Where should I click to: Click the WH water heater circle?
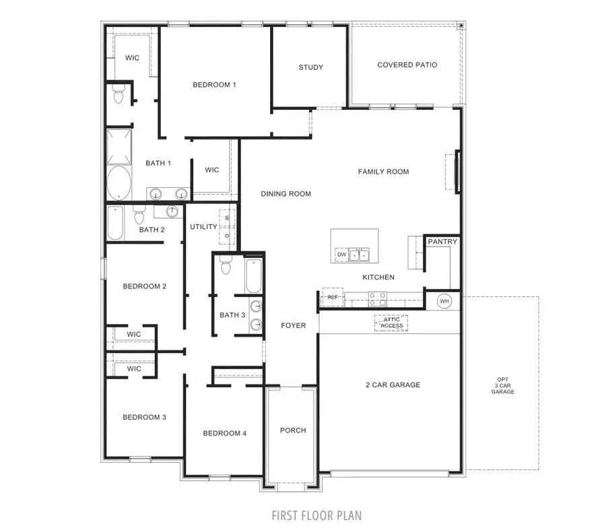pos(444,301)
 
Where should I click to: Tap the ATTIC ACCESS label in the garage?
pos(391,323)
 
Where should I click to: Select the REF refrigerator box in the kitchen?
pos(332,296)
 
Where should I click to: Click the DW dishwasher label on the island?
pos(342,255)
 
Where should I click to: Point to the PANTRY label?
pos(442,242)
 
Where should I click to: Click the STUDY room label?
pos(310,67)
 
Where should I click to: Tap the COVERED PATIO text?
pos(407,65)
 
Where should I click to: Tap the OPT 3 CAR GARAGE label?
pos(502,386)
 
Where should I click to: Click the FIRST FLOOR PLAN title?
pos(316,516)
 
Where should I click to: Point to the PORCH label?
pos(293,430)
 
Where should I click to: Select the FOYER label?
pos(293,325)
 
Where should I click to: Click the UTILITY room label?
pos(203,227)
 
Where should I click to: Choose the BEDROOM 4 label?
pos(225,433)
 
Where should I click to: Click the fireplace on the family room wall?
pos(456,172)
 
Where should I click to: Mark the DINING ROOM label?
pos(286,194)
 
